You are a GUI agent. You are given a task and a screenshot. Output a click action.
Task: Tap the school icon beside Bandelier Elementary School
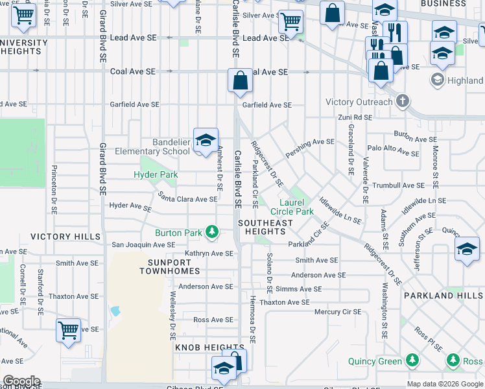click(x=206, y=141)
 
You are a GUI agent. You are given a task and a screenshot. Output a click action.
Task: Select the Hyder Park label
click(x=156, y=174)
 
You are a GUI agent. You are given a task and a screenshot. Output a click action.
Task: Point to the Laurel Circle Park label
click(x=292, y=206)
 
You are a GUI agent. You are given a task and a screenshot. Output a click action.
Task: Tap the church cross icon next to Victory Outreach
click(x=403, y=101)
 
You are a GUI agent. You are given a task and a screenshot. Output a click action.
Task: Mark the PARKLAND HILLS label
click(x=443, y=295)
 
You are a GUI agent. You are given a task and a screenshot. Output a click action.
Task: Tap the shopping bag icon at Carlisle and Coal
click(x=240, y=81)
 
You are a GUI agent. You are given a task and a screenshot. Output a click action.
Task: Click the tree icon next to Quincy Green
click(x=412, y=360)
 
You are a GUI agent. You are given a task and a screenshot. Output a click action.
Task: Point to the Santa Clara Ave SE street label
click(x=188, y=199)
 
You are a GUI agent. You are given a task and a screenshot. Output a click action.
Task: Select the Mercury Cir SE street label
click(x=337, y=312)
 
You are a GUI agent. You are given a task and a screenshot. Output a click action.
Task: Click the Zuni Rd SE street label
click(x=355, y=117)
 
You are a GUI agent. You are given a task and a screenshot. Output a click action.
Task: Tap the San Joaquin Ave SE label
click(x=143, y=244)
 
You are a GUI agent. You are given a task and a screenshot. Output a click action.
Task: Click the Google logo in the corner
click(x=21, y=381)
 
